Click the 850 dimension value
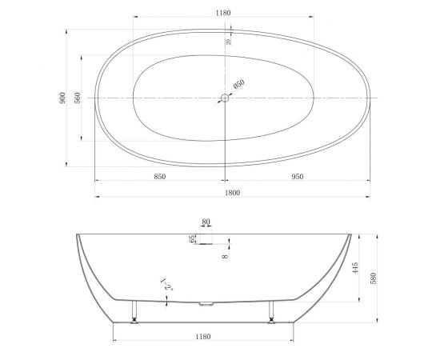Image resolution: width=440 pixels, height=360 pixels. coord(159,177)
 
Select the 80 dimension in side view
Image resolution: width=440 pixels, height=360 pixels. coord(206,224)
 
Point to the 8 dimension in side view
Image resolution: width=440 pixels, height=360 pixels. coord(225,256)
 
